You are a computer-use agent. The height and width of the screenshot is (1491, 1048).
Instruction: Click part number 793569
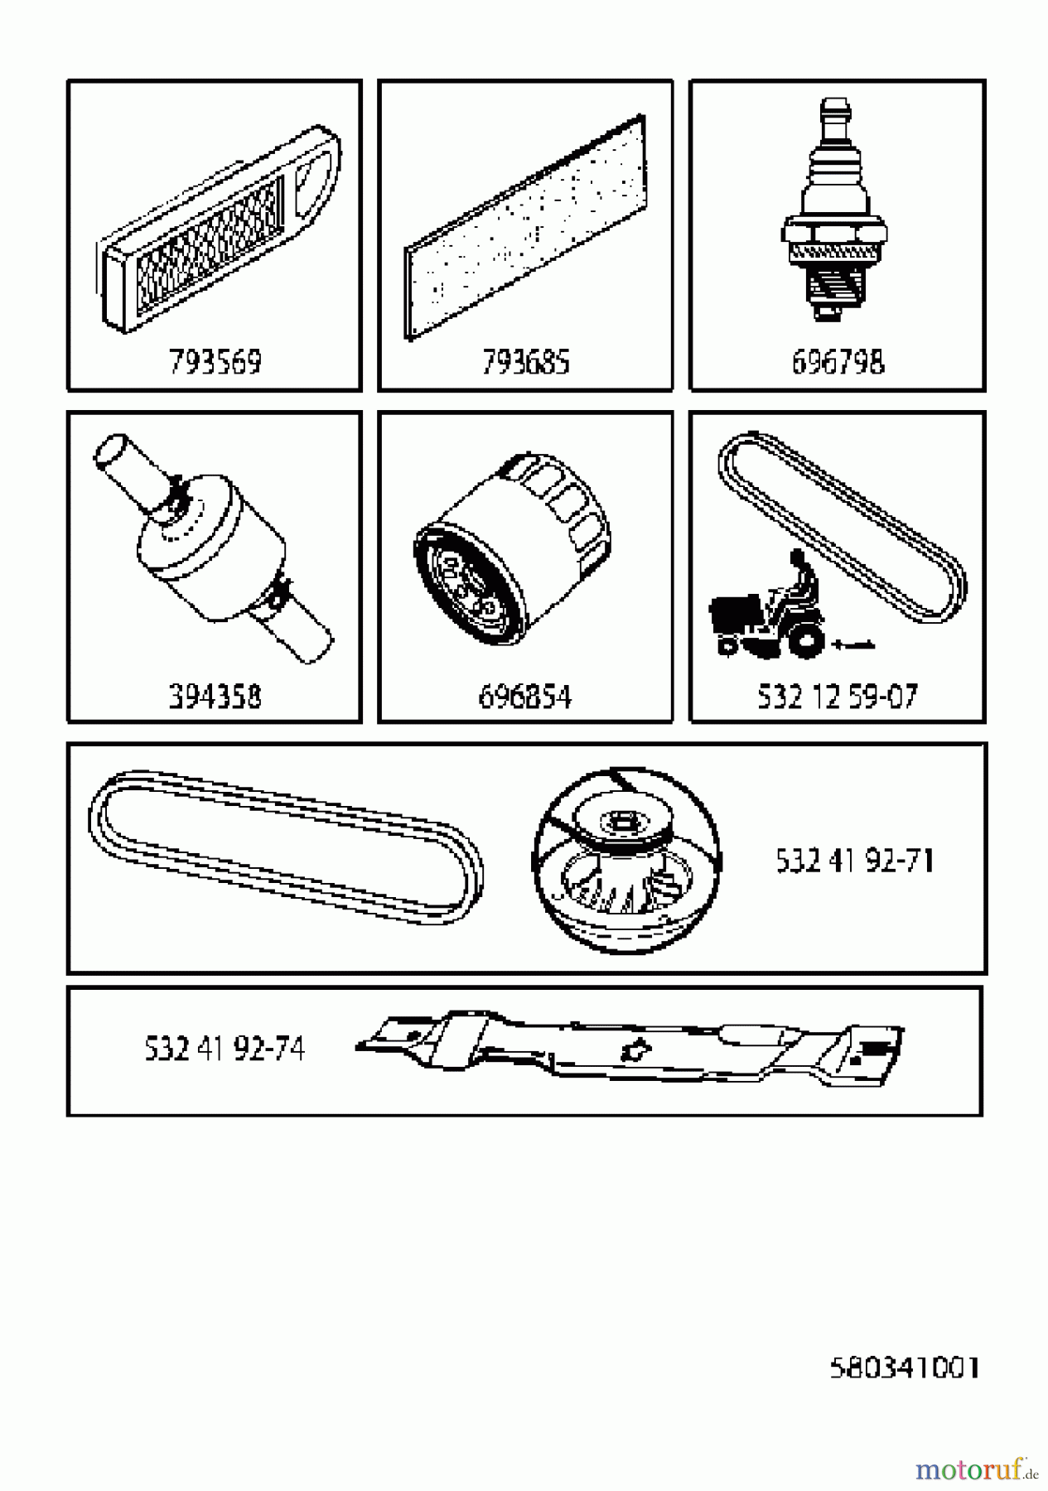(215, 362)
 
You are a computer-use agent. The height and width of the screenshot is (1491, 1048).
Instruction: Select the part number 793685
(525, 362)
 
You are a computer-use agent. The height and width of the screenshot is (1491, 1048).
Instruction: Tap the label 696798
(838, 362)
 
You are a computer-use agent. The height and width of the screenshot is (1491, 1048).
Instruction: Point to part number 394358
(215, 697)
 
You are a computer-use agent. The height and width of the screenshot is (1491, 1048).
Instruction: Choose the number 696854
(525, 697)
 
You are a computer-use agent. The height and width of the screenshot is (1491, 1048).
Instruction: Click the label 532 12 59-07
(838, 697)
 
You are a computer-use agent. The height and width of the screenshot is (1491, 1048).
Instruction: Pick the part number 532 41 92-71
(854, 861)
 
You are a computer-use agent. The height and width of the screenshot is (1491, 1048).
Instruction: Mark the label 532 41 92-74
(225, 1049)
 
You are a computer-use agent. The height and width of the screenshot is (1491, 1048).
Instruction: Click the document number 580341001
(905, 1368)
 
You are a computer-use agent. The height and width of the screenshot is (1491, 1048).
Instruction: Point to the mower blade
(630, 1045)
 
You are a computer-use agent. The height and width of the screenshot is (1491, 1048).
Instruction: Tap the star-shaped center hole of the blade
(633, 1050)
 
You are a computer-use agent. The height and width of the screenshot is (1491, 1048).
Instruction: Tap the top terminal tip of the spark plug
(832, 112)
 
